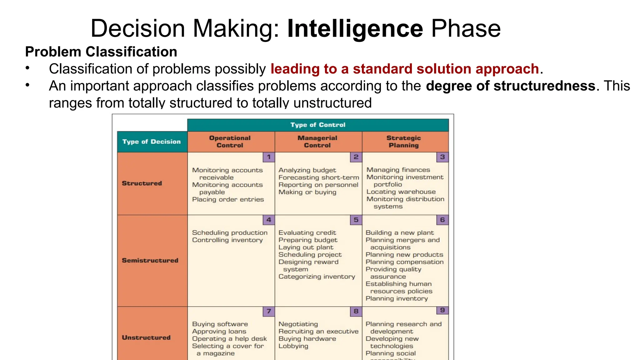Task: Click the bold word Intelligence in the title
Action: point(355,29)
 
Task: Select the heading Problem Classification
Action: point(101,52)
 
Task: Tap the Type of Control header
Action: point(318,125)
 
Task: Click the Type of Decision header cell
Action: point(152,142)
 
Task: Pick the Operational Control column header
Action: point(230,142)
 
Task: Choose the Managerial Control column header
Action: point(317,142)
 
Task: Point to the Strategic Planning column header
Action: point(404,142)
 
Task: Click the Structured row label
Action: point(142,183)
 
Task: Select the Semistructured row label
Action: point(150,260)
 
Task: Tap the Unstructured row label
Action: point(146,337)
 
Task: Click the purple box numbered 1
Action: point(269,157)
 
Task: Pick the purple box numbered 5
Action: point(356,220)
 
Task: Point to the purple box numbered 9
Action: point(442,310)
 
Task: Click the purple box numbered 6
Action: point(442,220)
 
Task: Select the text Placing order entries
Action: point(228,199)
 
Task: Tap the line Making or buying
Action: point(307,192)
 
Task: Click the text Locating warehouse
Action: point(401,192)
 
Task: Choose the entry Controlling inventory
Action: point(227,240)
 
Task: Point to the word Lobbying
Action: point(293,346)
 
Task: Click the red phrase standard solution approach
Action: point(446,69)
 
